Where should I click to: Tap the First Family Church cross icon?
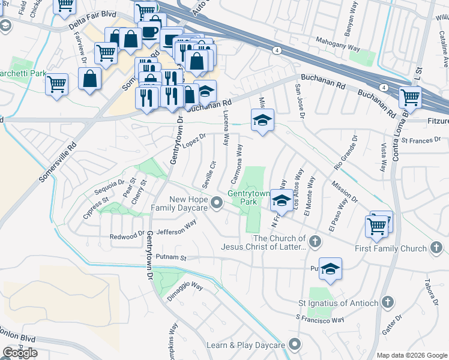point(436,248)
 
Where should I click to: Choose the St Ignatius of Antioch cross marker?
point(388,302)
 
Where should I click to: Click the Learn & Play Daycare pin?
point(294,345)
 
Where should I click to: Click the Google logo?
point(20,353)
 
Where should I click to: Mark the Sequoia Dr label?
point(109,187)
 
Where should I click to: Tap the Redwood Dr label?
point(127,236)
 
